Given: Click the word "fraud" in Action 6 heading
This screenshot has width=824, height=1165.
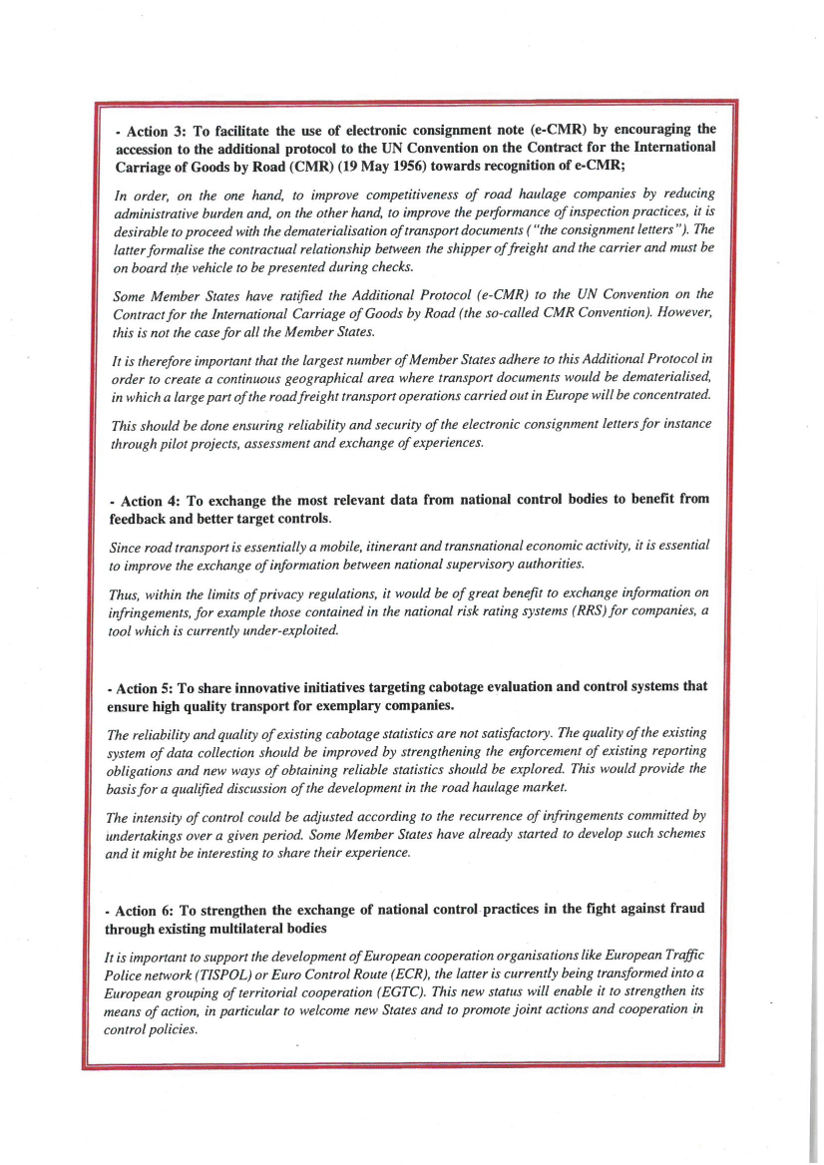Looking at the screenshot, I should click(683, 910).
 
